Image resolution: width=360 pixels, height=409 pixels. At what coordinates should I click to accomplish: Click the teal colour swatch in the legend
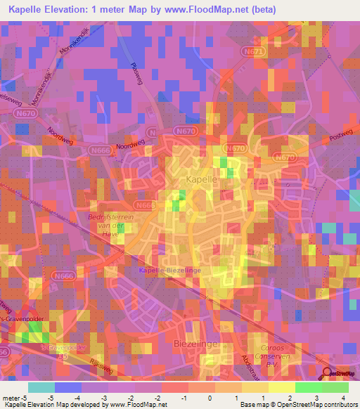point(41,387)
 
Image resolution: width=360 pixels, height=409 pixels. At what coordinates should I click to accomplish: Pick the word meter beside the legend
point(11,398)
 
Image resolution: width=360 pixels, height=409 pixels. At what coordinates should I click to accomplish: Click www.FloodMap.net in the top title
point(212,10)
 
